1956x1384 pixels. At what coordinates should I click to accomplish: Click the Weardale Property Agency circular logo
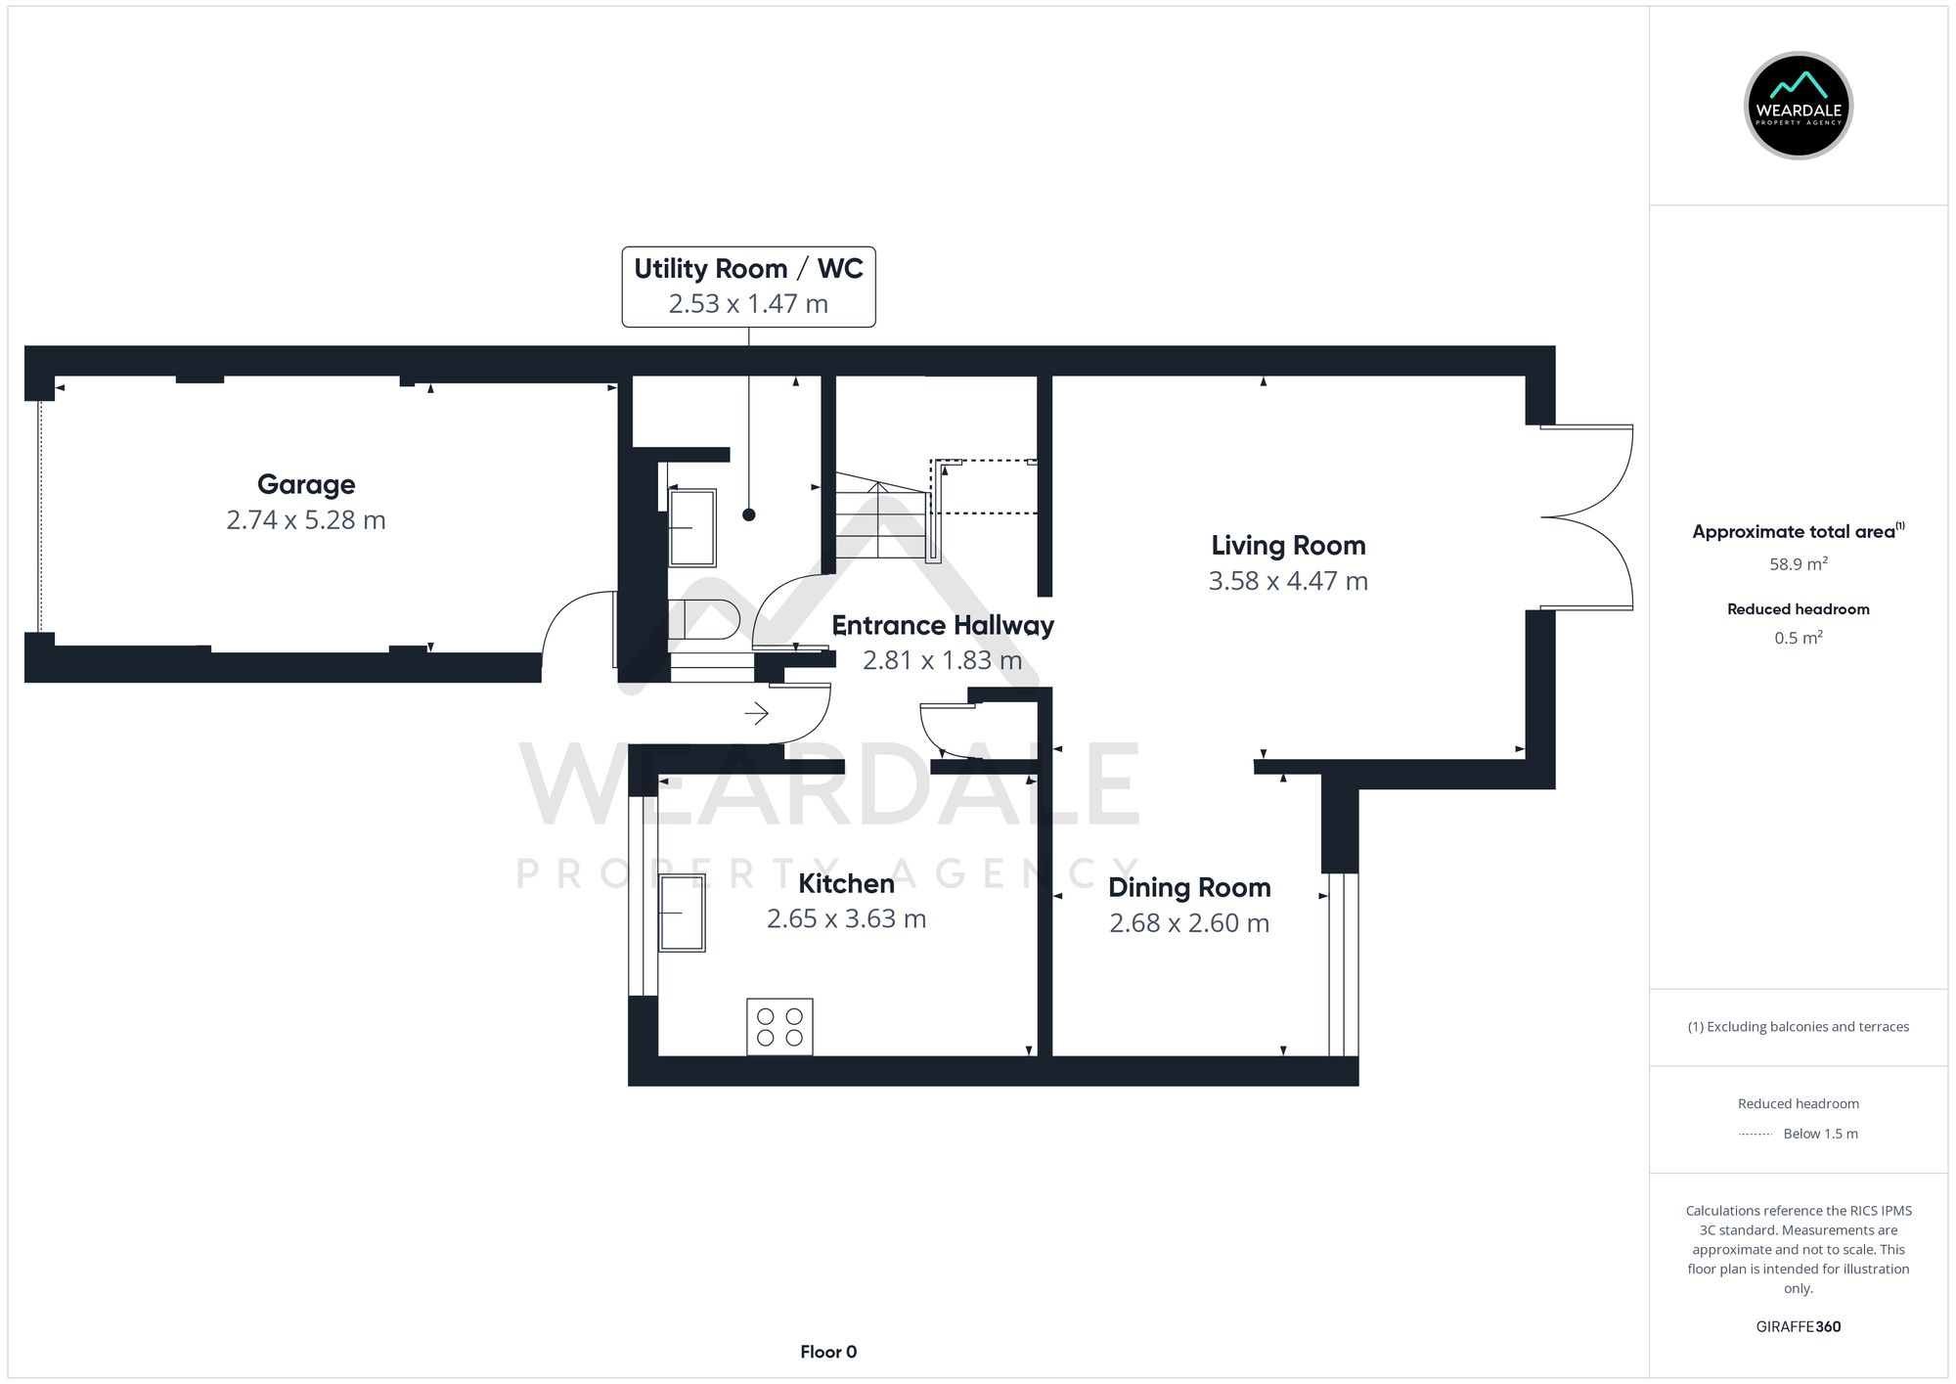[x=1798, y=106]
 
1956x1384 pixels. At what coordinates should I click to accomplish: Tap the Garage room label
[x=306, y=484]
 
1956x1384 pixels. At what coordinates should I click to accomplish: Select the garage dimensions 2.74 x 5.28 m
[x=306, y=520]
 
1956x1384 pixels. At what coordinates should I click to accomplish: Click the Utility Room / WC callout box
[x=748, y=286]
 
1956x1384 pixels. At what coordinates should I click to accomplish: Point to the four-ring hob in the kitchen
[x=779, y=1026]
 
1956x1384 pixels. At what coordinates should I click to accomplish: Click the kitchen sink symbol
[x=682, y=913]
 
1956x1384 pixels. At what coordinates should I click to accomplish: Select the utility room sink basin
[x=692, y=527]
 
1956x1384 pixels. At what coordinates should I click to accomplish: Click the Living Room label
[x=1288, y=545]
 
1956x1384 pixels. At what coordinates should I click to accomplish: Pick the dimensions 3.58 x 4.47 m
[x=1288, y=581]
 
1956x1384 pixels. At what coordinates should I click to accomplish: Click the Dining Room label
[x=1189, y=887]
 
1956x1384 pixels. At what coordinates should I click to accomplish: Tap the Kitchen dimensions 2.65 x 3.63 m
[x=846, y=919]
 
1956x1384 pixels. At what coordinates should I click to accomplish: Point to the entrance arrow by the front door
[x=757, y=714]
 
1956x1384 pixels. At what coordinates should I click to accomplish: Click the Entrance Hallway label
[x=942, y=625]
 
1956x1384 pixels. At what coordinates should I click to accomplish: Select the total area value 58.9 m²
[x=1798, y=564]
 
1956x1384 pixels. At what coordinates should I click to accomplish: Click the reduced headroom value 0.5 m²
[x=1798, y=638]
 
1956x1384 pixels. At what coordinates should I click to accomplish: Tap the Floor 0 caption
[x=828, y=1352]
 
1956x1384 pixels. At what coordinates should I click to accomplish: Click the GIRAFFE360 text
[x=1798, y=1327]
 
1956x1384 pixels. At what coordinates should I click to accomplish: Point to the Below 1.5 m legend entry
[x=1819, y=1134]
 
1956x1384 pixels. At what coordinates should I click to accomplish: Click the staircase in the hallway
[x=879, y=518]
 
